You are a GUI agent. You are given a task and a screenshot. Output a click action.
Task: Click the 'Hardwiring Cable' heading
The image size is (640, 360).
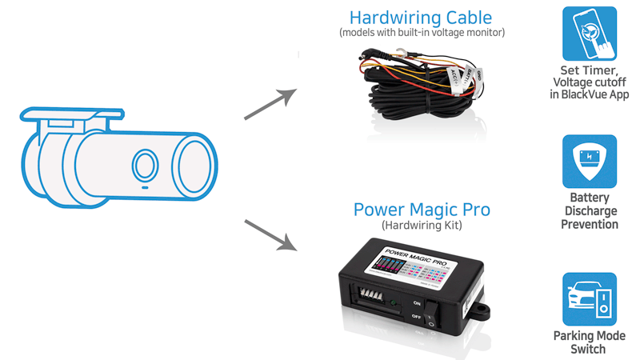click(x=422, y=18)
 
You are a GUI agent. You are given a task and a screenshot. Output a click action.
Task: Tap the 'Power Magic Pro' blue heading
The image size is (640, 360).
click(x=422, y=210)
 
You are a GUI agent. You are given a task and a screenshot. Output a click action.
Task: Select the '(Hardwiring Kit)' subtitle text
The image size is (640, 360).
click(x=422, y=226)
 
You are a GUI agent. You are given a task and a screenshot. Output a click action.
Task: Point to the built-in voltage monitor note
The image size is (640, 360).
click(x=422, y=33)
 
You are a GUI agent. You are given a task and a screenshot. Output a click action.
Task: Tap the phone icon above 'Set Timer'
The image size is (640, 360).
click(x=590, y=34)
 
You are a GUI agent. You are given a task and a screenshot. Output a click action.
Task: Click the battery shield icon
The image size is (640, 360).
click(x=590, y=161)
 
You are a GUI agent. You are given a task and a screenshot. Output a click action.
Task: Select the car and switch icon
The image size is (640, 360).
click(x=590, y=299)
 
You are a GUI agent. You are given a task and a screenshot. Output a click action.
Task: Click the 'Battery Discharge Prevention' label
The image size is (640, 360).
click(x=590, y=210)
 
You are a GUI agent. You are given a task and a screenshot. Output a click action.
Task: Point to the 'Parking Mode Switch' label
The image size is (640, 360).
click(x=590, y=342)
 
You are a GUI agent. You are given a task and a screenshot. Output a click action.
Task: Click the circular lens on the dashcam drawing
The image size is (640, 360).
click(x=145, y=166)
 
